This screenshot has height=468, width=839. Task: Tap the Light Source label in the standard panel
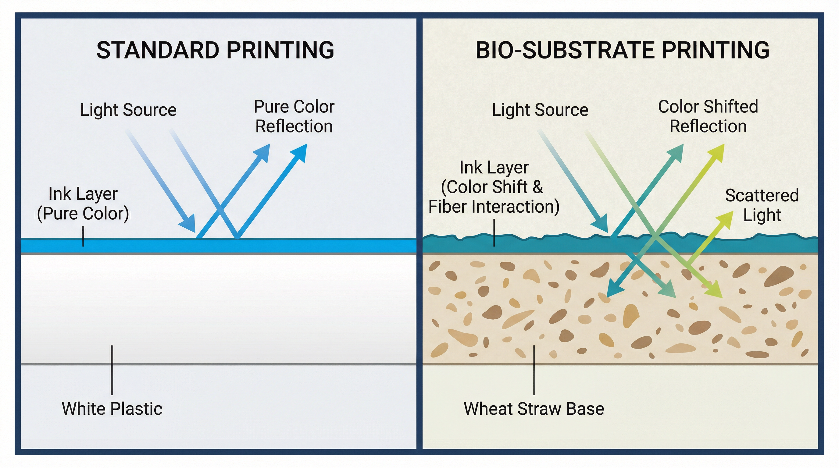(128, 110)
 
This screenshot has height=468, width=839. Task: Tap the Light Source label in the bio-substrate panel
(540, 110)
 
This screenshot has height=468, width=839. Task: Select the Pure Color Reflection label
(294, 116)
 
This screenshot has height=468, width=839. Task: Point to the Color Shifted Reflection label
(708, 116)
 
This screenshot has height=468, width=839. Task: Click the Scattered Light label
(762, 205)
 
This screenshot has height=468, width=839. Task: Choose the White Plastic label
(112, 409)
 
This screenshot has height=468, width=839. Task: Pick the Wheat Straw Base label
(534, 409)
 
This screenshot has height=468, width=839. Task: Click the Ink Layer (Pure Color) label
(83, 204)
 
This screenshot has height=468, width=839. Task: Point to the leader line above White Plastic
(112, 370)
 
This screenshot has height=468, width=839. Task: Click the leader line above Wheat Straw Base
(534, 370)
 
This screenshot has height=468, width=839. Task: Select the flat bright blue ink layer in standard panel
(293, 246)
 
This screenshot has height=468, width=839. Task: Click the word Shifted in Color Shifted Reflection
(730, 107)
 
